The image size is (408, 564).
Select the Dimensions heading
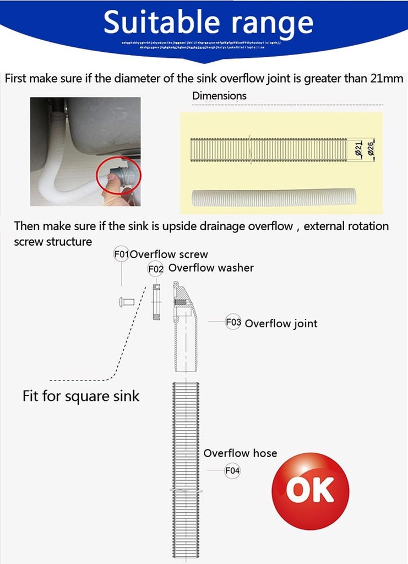219,96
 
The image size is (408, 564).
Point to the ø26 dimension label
371,150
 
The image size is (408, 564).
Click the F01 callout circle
121,254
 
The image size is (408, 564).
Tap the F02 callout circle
156,269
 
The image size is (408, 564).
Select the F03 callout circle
233,322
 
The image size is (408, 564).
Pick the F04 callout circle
232,471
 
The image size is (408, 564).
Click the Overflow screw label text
169,254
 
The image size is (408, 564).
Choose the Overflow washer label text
211,268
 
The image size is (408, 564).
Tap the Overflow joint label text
281,323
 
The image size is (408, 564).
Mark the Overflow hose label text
240,453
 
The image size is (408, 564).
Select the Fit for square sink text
81,395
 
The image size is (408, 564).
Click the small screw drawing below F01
126,302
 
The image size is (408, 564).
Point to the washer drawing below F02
156,302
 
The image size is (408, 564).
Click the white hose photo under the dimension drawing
274,197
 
